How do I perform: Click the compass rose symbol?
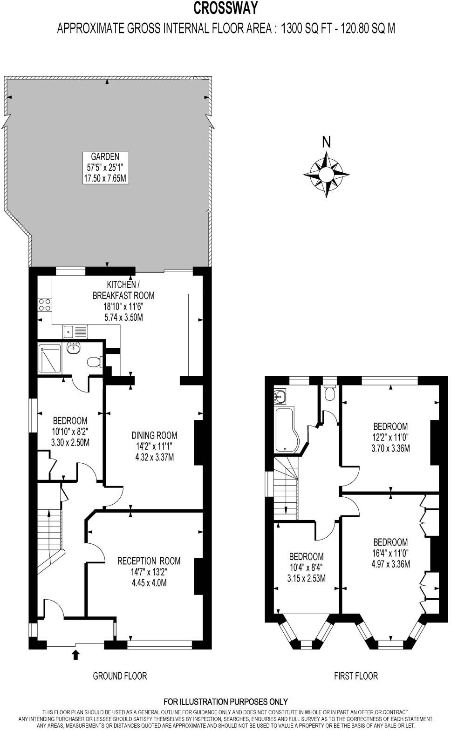point(326,174)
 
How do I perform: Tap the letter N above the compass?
point(326,142)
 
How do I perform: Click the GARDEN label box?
point(105,168)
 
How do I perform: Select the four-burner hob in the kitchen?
point(45,304)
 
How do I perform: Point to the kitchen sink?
point(75,331)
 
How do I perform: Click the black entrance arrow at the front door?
point(75,656)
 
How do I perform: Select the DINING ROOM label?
point(154,436)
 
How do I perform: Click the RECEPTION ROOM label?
point(149,561)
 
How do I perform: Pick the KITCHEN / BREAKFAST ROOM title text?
point(123,290)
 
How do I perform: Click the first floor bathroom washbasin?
point(281,397)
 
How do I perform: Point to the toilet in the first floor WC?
point(330,394)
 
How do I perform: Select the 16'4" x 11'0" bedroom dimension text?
point(390,554)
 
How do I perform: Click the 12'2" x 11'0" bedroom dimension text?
point(390,438)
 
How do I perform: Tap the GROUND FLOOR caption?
point(120,676)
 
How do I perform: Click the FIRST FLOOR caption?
point(356,676)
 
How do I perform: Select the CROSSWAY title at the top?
point(225,8)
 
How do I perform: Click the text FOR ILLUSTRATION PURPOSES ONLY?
point(225,702)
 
